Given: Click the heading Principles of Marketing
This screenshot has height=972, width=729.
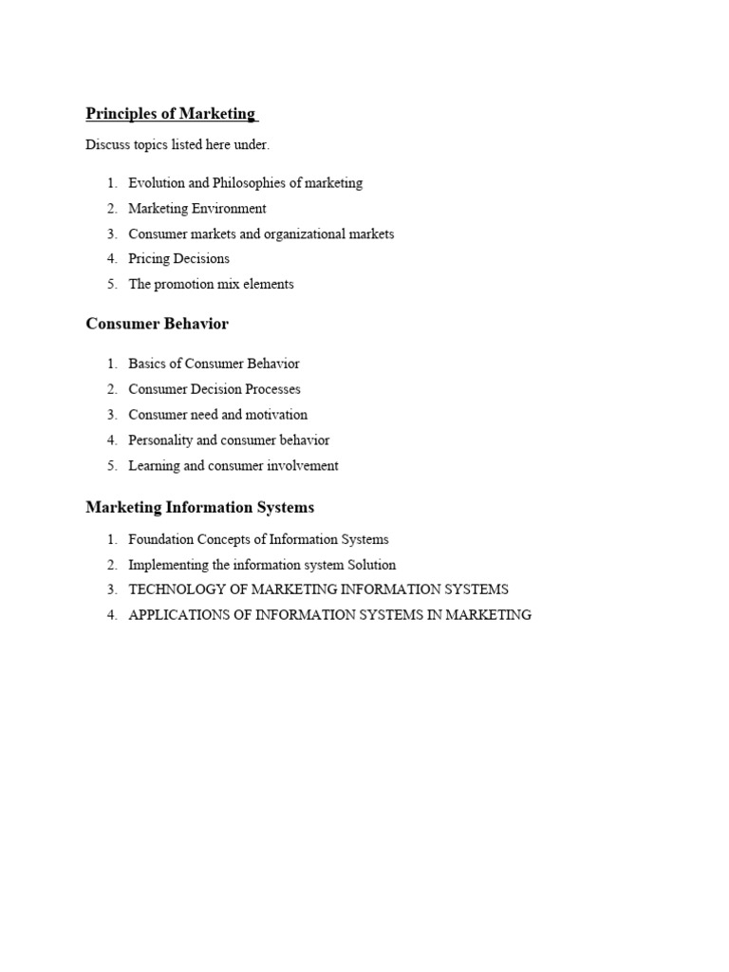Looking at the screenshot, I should point(170,114).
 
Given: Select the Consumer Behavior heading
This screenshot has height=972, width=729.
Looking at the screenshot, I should point(157,324).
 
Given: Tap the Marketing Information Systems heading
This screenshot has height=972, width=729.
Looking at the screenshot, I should point(199,507).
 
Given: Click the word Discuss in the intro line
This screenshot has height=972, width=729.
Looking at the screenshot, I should point(107,145).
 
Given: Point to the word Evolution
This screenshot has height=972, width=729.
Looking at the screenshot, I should point(157,183).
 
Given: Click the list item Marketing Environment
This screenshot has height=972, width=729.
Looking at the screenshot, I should point(197,209).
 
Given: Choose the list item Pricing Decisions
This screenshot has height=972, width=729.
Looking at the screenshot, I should point(178,258).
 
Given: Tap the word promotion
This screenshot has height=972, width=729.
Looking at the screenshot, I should point(183,284).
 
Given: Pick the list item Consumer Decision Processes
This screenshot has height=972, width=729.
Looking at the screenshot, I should point(215,389).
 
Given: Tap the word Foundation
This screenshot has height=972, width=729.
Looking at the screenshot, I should point(161,539).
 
